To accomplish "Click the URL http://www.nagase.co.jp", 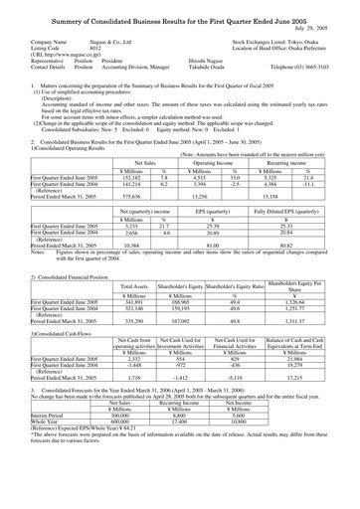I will click(75, 55).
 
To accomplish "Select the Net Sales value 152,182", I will click(125, 178).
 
